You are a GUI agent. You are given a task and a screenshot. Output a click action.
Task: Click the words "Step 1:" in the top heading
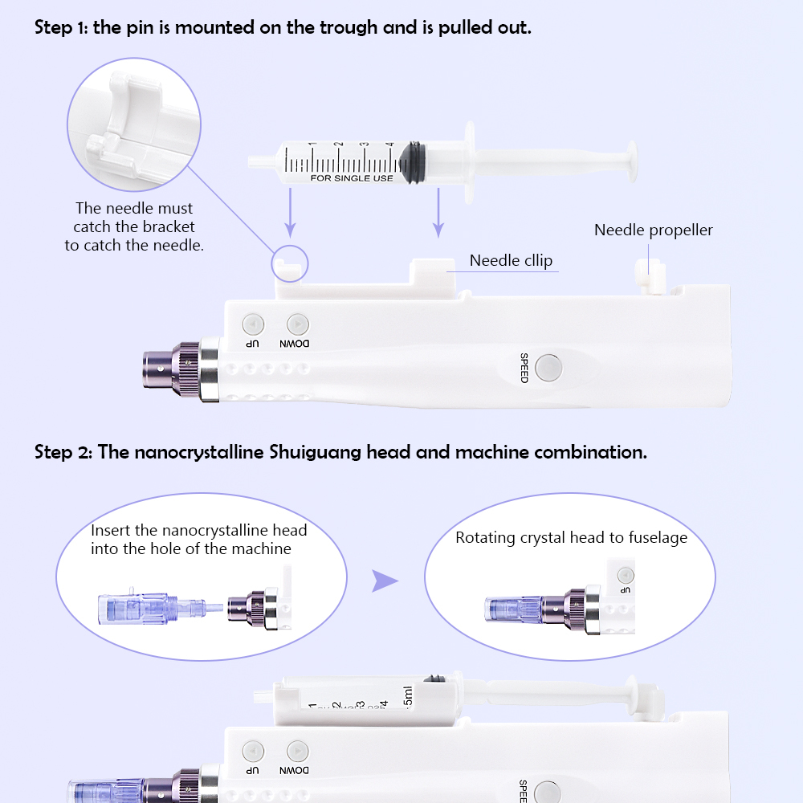(x=62, y=27)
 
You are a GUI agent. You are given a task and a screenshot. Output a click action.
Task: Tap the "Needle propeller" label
(x=653, y=230)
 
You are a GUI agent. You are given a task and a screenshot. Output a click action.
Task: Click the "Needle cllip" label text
(x=511, y=260)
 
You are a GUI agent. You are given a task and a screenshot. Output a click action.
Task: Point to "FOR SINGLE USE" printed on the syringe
(x=352, y=177)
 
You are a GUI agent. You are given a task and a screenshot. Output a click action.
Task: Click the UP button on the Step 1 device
(x=253, y=324)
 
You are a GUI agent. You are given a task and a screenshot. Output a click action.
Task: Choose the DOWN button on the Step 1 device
(x=297, y=324)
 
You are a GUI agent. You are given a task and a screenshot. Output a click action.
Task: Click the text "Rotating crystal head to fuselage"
(x=571, y=538)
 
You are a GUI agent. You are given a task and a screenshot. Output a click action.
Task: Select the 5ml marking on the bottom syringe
(x=407, y=697)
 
